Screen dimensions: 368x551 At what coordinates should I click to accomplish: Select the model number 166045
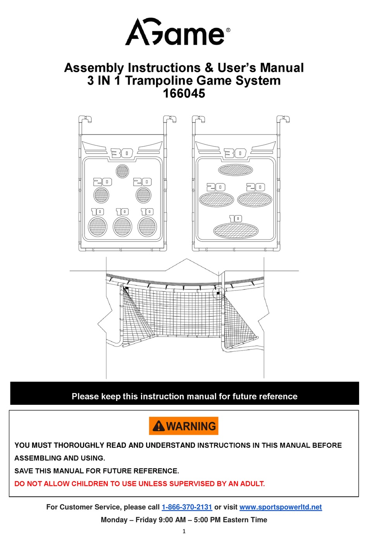coord(184,93)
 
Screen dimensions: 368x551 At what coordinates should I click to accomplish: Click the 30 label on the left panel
coord(122,154)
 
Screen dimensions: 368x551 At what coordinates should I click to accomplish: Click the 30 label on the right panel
coord(235,154)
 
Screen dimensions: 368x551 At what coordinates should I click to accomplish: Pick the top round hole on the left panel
coord(122,171)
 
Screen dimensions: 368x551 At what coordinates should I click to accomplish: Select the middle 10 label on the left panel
coord(122,212)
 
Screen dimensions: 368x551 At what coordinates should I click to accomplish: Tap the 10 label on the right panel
coord(236,219)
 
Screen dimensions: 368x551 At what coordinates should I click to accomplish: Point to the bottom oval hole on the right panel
coord(236,231)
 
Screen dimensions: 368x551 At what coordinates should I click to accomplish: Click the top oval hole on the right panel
coord(236,170)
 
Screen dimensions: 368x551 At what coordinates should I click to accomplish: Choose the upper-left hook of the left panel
coord(85,119)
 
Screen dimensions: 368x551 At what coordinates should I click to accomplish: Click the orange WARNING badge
coord(184,426)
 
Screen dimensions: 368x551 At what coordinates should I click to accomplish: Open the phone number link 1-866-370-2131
coord(187,507)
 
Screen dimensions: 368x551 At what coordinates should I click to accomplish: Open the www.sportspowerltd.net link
coord(280,507)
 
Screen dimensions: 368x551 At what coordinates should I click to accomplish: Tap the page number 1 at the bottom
coord(184,531)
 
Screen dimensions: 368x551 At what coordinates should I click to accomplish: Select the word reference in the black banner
coord(278,396)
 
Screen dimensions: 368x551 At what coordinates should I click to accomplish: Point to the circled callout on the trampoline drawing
coord(218,293)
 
